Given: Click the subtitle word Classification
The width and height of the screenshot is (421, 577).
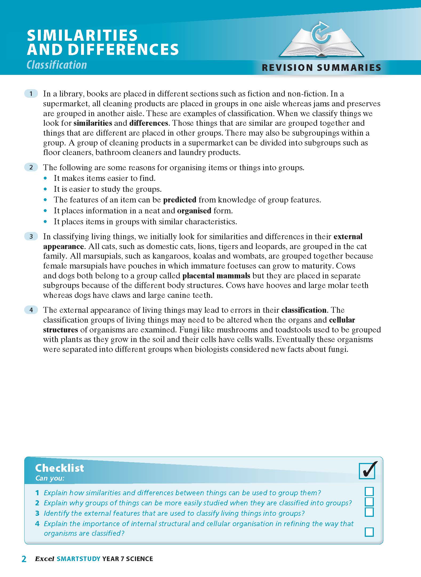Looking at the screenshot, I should click(57, 65).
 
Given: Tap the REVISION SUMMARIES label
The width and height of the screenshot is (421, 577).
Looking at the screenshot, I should click(321, 68).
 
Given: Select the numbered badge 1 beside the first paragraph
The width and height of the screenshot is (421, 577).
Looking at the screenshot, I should click(31, 94).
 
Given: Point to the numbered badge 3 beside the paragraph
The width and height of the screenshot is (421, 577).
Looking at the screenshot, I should click(31, 236).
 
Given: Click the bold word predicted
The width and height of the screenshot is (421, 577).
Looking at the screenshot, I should click(180, 200).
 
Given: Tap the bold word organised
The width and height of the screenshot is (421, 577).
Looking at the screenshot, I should click(194, 211).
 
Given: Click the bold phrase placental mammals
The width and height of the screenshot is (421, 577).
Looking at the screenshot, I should click(216, 275).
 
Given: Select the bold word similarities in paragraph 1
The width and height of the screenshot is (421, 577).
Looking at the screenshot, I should click(93, 123).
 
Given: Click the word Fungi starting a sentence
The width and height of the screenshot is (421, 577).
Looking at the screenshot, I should click(189, 330).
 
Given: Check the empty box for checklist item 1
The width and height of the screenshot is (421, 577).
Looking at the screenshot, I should click(369, 491).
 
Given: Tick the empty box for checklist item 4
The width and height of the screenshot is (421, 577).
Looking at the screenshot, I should click(369, 532).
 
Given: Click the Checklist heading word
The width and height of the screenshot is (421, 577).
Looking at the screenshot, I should click(59, 468).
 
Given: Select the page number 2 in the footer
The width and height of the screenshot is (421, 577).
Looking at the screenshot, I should click(24, 559).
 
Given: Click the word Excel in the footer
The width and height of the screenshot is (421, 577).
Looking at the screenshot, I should click(45, 559).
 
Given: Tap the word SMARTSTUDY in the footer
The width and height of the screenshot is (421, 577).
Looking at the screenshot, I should click(78, 559).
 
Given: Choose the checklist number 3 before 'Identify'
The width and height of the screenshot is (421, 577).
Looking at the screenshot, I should click(37, 513).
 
